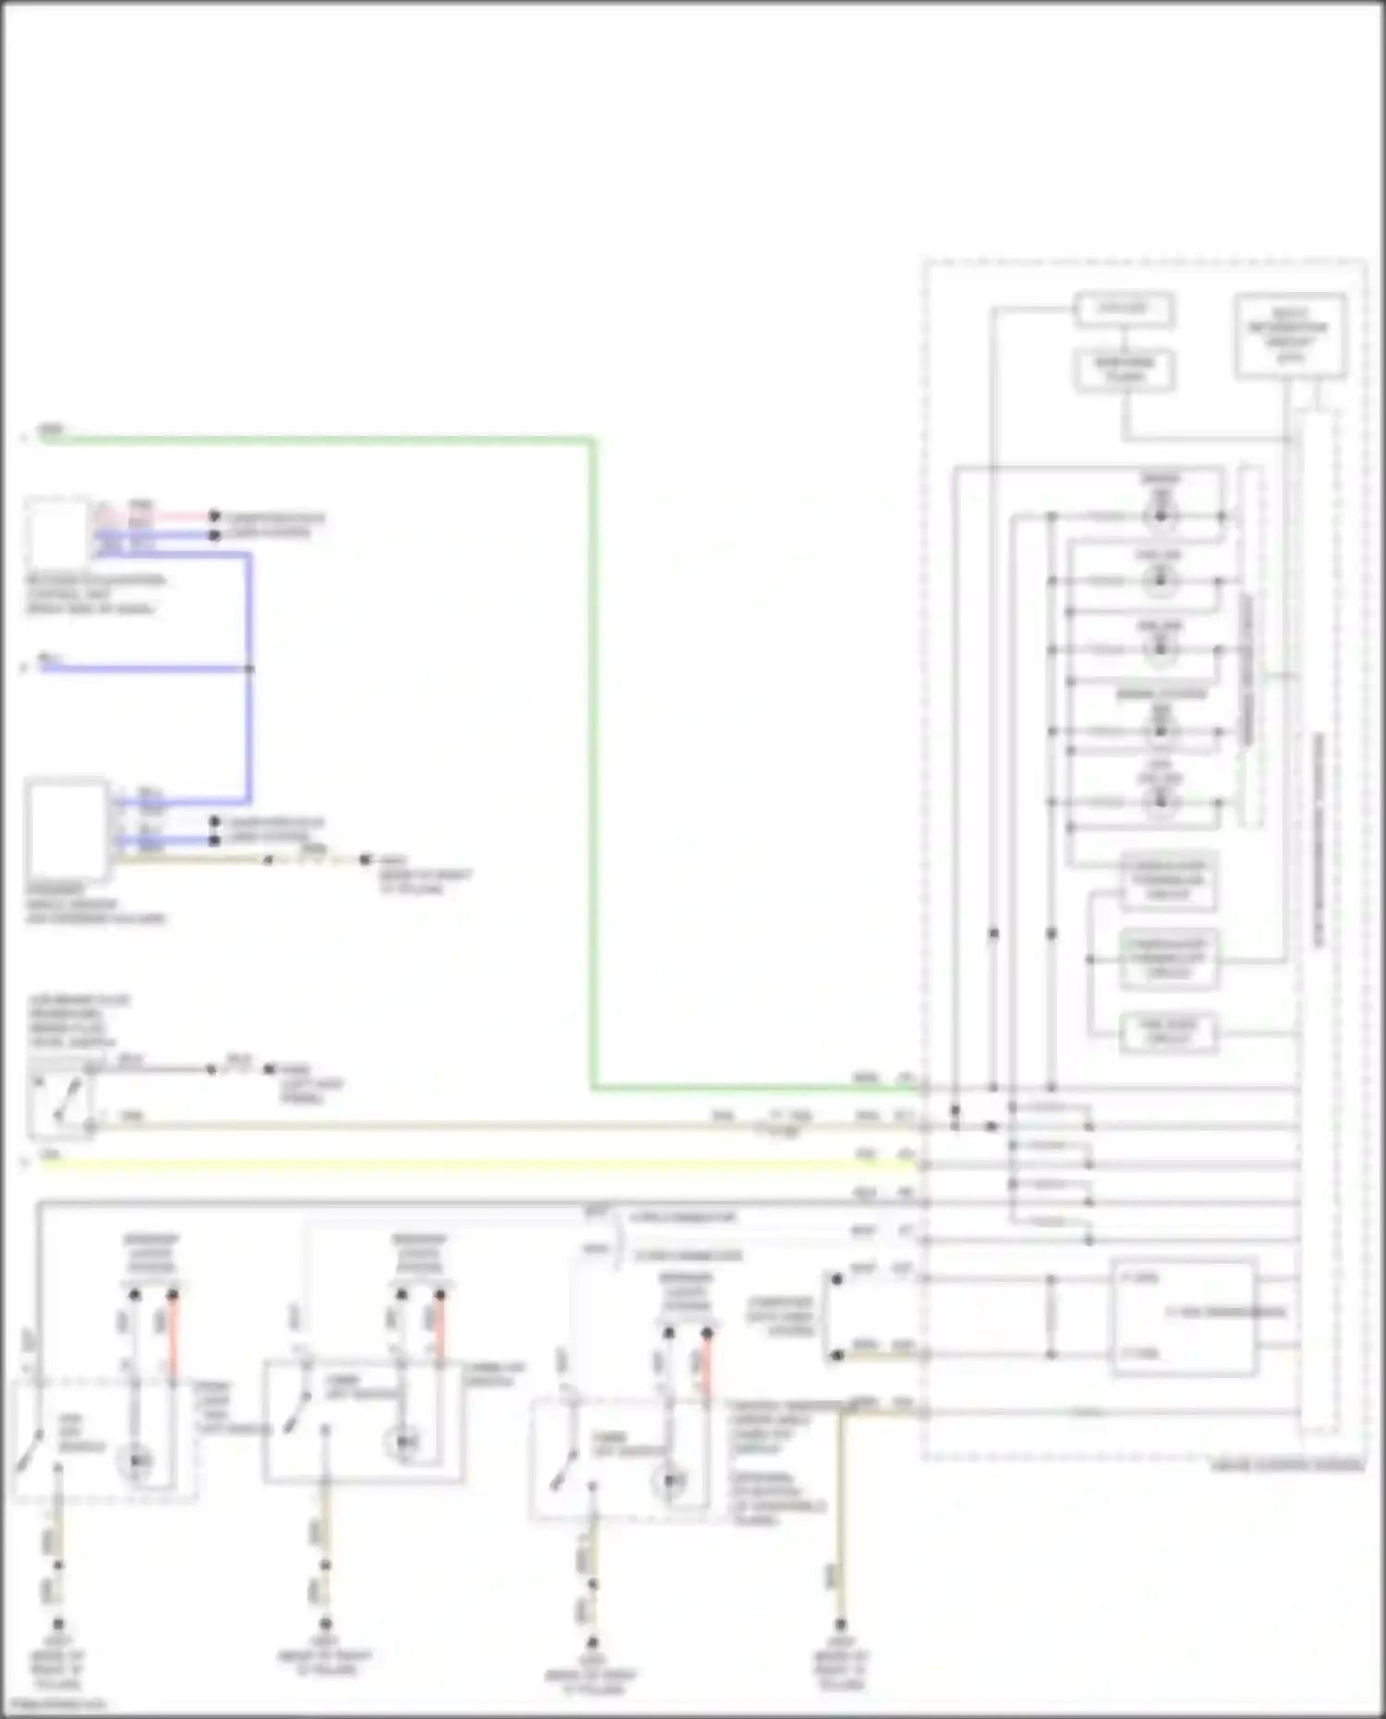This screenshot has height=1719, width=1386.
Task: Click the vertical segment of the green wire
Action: [x=594, y=757]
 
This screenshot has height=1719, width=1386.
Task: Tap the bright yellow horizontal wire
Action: [x=462, y=1165]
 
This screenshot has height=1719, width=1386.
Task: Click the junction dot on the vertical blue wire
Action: [x=249, y=668]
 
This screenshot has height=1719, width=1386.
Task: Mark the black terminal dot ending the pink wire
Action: [x=214, y=515]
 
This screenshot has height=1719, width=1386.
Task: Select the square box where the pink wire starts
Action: [x=58, y=532]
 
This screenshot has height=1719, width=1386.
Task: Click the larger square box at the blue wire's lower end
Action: [x=67, y=829]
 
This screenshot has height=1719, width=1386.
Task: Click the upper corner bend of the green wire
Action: [x=594, y=441]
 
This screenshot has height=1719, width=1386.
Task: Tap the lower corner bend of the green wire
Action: [x=594, y=1087]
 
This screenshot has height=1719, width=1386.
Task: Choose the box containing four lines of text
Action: [x=1290, y=335]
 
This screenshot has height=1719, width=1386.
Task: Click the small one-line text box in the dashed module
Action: [x=1124, y=309]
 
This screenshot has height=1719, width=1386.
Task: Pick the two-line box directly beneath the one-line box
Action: [x=1124, y=369]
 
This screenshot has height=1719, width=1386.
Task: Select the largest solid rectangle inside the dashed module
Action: [x=1184, y=1315]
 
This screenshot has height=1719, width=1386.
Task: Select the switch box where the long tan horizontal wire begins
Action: [x=61, y=1105]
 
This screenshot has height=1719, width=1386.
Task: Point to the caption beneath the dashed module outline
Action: [x=1286, y=1466]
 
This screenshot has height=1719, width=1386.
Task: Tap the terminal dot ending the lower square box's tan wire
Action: [x=365, y=859]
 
